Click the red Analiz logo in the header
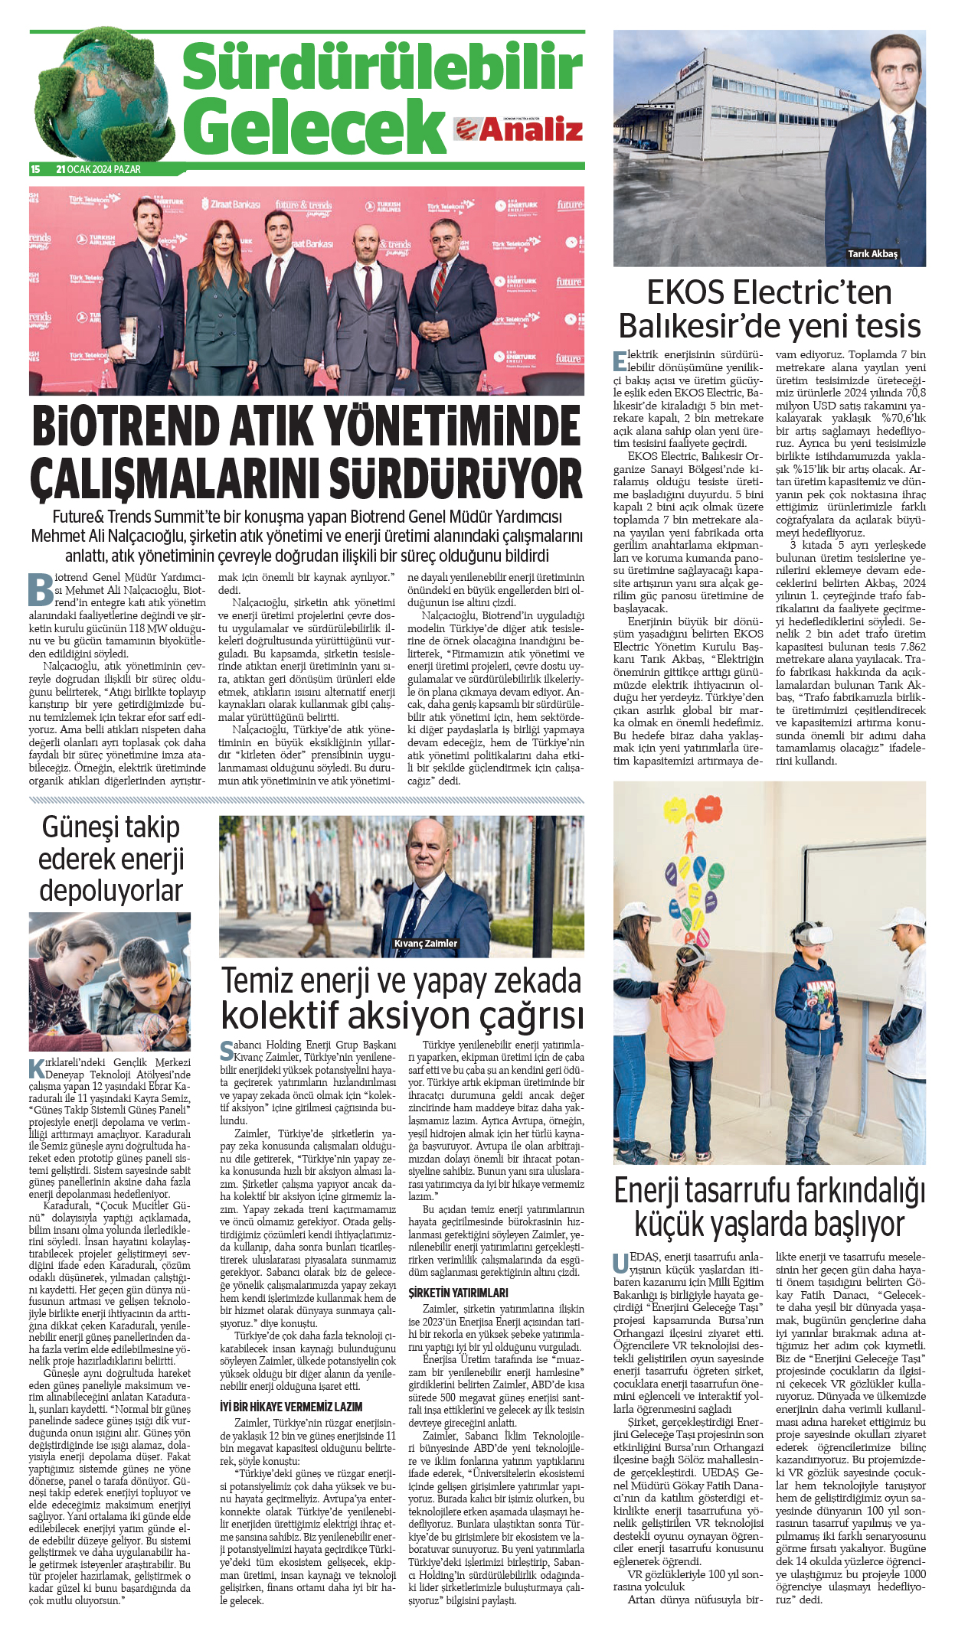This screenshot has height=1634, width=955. point(518,129)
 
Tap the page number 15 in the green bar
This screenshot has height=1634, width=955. point(35,169)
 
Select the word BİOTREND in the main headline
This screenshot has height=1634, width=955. point(166,428)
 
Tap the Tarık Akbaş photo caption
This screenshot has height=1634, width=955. point(872,254)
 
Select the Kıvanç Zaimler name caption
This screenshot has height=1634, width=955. point(425,944)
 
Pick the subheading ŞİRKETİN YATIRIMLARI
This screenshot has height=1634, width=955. point(458,1293)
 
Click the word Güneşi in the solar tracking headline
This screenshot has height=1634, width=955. point(75,827)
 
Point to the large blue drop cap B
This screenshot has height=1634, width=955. point(41,589)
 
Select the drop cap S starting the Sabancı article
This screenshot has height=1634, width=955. point(227,1050)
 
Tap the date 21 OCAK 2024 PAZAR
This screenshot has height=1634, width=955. point(98,169)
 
